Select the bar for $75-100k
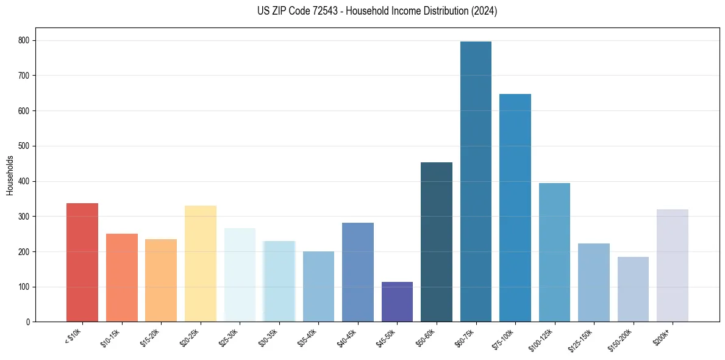[x=515, y=207]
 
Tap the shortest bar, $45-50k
[x=397, y=302]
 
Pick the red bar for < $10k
[x=82, y=262]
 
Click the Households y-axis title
[x=10, y=175]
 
